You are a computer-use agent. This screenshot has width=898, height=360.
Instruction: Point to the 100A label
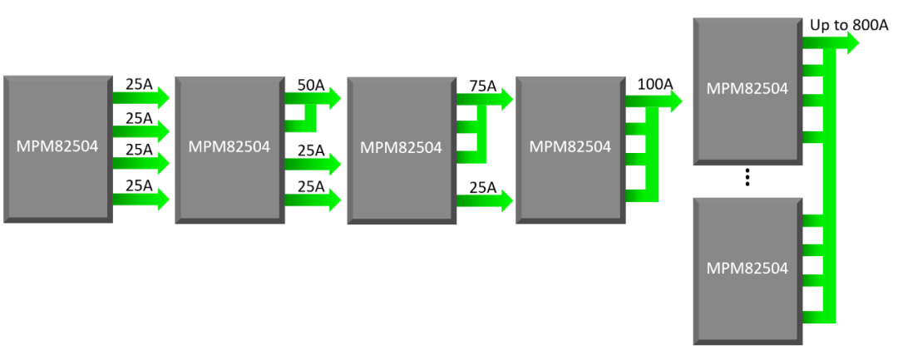655,84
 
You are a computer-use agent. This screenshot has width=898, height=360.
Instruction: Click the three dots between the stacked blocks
748,176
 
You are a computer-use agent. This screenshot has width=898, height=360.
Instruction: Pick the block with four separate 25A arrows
57,148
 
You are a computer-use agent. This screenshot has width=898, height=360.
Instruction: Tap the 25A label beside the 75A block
482,189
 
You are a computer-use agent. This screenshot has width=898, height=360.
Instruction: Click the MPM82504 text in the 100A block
570,147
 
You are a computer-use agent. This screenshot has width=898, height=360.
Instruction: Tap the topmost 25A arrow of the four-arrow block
141,97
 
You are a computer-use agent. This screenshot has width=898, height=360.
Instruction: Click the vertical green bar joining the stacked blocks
829,183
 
